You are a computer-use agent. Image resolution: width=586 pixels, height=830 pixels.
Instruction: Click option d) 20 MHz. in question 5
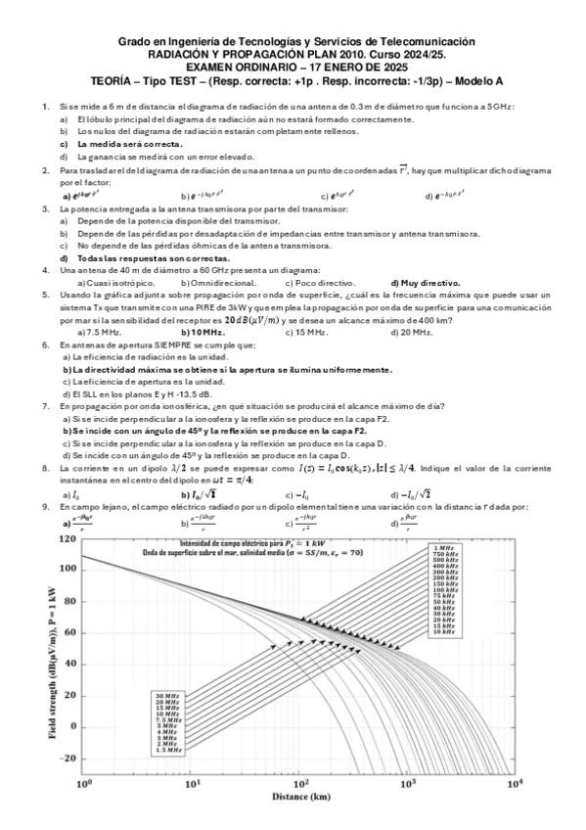click(x=411, y=332)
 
